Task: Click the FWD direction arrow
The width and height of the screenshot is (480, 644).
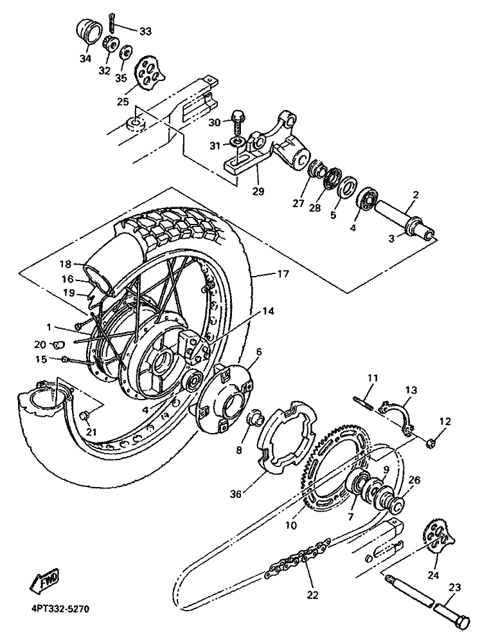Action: pos(45,580)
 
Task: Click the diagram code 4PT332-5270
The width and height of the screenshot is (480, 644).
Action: pos(60,608)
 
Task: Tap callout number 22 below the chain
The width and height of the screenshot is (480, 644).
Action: pos(313,594)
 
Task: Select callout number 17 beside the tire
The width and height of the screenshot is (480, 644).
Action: pos(283,273)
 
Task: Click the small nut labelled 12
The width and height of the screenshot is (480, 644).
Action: pos(431,443)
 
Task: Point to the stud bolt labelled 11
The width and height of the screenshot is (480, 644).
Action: pos(363,401)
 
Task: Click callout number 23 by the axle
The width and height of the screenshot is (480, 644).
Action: pos(455,587)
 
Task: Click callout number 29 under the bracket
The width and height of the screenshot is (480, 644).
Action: pos(258,191)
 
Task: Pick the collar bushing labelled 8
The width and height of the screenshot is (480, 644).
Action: pos(254,419)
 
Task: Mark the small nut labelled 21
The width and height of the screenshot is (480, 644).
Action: pos(85,416)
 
